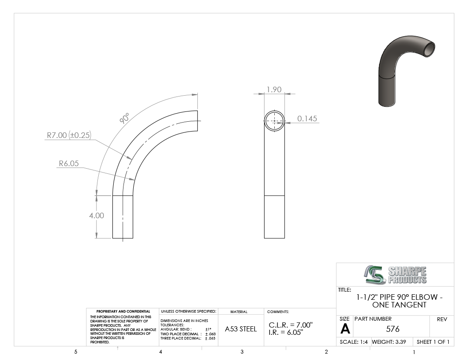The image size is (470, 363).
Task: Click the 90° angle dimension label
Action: pyautogui.click(x=124, y=118)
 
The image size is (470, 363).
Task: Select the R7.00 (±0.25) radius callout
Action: pyautogui.click(x=69, y=135)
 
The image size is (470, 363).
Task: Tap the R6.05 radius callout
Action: pyautogui.click(x=69, y=164)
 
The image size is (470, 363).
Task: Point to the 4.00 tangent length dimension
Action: pyautogui.click(x=97, y=216)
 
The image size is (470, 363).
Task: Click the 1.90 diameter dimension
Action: pyautogui.click(x=274, y=90)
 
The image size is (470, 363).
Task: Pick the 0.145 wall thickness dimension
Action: pyautogui.click(x=307, y=119)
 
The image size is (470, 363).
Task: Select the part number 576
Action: pyautogui.click(x=393, y=329)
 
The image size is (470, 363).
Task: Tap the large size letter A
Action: pyautogui.click(x=345, y=329)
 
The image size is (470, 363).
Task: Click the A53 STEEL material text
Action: pyautogui.click(x=241, y=329)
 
